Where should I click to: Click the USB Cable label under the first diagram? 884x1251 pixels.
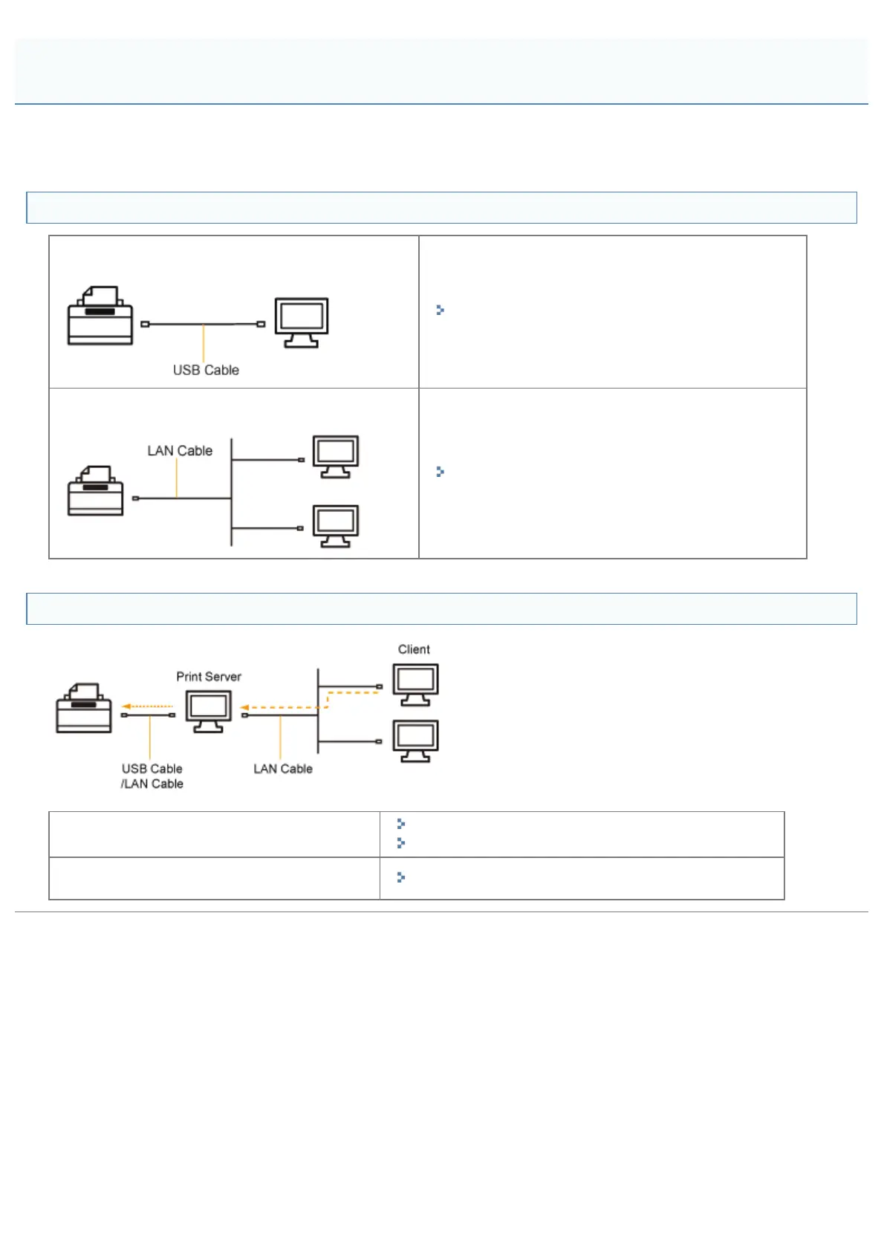(x=206, y=370)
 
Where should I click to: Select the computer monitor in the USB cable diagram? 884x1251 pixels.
(x=302, y=322)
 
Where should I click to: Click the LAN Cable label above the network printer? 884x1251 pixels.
(x=180, y=451)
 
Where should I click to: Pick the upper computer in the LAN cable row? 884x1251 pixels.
(x=336, y=456)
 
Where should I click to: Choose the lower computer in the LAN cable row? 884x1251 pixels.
(x=336, y=526)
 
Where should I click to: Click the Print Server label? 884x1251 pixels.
(x=209, y=677)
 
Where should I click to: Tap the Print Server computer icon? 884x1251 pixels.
(x=209, y=711)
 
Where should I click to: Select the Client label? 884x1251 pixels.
(x=414, y=649)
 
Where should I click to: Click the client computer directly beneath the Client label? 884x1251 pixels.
(x=415, y=684)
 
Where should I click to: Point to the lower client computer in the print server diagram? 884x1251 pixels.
(x=415, y=741)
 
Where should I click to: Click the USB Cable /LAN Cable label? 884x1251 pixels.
(x=152, y=776)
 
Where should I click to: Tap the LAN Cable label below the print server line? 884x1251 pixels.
(x=283, y=769)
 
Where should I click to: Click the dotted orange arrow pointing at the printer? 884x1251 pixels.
(x=147, y=706)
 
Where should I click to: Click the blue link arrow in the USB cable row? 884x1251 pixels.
(x=440, y=310)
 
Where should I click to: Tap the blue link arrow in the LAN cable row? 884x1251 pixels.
(x=440, y=472)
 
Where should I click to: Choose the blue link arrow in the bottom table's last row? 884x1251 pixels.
(x=400, y=877)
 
